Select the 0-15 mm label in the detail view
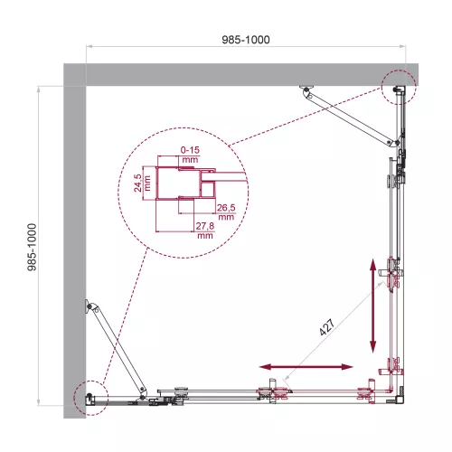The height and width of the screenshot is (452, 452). [x=190, y=148]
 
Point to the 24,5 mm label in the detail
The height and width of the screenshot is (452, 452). [x=138, y=180]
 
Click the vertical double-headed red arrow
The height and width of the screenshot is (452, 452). [x=372, y=306]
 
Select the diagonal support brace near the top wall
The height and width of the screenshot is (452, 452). [x=353, y=115]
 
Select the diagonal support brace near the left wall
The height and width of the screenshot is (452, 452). [x=116, y=346]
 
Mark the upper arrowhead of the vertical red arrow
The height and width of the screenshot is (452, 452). [x=372, y=263]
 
